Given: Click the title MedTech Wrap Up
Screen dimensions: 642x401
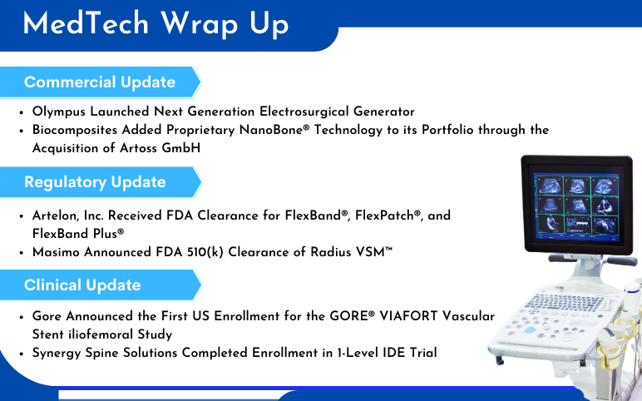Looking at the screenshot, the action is tap(156, 24).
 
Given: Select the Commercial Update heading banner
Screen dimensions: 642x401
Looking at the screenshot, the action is tap(100, 82).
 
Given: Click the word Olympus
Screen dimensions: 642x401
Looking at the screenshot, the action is tap(59, 111).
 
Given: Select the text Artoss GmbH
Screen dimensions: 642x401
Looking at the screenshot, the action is tap(160, 148).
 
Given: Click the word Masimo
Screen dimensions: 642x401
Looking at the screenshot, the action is tap(56, 252).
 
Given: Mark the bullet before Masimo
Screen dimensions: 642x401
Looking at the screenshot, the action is tap(22, 253).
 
